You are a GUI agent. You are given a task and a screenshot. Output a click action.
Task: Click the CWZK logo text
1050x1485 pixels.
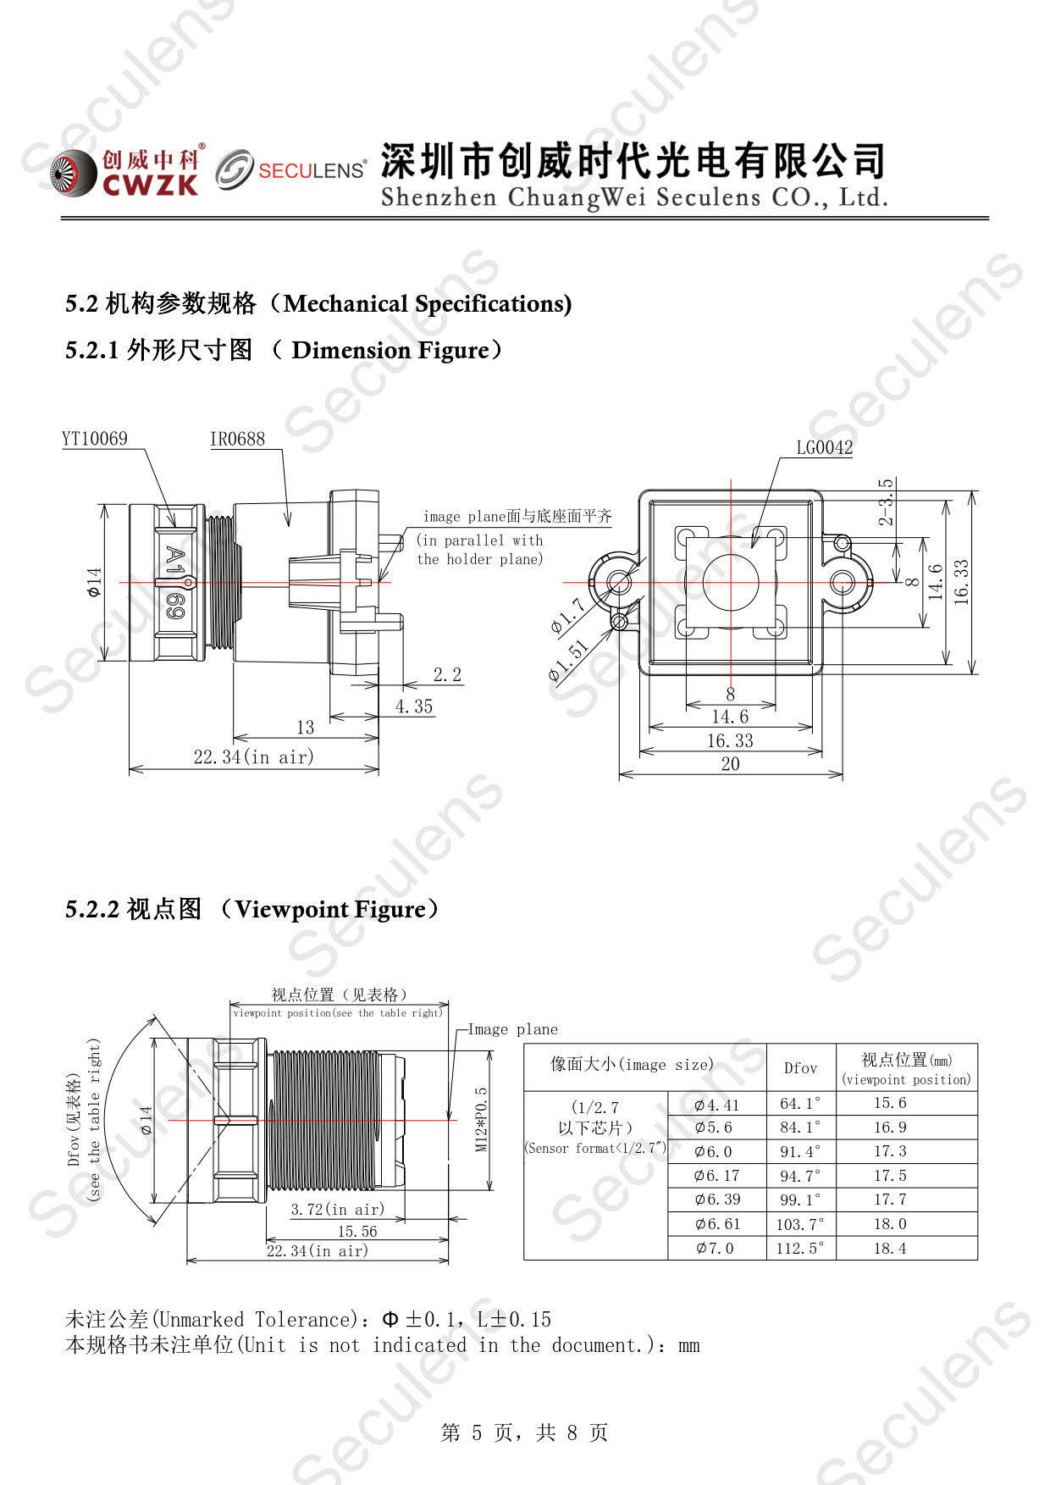pyautogui.click(x=151, y=185)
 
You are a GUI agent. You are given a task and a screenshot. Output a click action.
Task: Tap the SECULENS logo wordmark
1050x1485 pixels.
pyautogui.click(x=312, y=170)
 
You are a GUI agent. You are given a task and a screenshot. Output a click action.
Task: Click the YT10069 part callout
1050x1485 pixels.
pyautogui.click(x=95, y=439)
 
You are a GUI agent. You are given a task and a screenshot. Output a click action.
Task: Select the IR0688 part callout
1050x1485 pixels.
pyautogui.click(x=237, y=439)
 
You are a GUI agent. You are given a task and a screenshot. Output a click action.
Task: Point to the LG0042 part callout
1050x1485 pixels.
pyautogui.click(x=824, y=447)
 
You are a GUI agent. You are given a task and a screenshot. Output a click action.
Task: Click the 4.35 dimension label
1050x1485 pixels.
pyautogui.click(x=413, y=706)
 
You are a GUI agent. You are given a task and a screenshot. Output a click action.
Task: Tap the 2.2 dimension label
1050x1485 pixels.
pyautogui.click(x=447, y=675)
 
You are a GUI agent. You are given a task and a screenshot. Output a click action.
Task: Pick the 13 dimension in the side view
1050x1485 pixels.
pyautogui.click(x=305, y=727)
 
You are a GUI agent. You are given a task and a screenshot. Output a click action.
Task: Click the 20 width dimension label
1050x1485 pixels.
pyautogui.click(x=730, y=764)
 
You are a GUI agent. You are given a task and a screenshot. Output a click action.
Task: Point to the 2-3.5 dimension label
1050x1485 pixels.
pyautogui.click(x=886, y=501)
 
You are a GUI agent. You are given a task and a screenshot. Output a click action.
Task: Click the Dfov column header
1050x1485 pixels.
pyautogui.click(x=800, y=1068)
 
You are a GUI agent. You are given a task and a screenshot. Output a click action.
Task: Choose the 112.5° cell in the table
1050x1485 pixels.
pyautogui.click(x=799, y=1248)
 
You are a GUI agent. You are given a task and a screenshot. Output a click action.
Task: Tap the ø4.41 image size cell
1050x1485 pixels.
pyautogui.click(x=716, y=1105)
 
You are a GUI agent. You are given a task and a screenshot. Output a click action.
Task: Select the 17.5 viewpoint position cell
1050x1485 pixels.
pyautogui.click(x=890, y=1176)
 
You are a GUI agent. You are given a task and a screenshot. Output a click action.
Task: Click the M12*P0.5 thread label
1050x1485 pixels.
pyautogui.click(x=481, y=1119)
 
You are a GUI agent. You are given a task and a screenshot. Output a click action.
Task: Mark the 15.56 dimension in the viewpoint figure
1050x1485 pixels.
pyautogui.click(x=357, y=1231)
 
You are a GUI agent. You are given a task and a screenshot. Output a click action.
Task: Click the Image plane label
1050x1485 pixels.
pyautogui.click(x=513, y=1029)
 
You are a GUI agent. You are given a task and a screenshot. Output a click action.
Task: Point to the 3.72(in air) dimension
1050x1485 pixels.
pyautogui.click(x=337, y=1209)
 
